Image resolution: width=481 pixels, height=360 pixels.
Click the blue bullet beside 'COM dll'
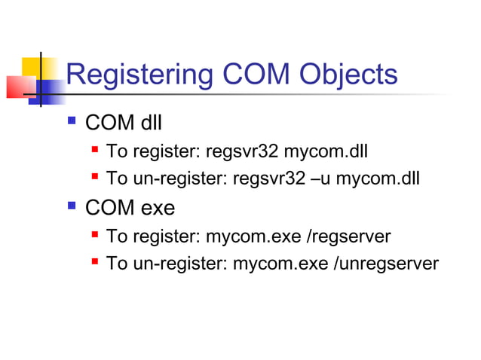72,120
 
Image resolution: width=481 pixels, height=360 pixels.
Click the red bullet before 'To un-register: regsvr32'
95,178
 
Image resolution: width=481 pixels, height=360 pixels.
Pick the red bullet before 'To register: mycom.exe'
95,236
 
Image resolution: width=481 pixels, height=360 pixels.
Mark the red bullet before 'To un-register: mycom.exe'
95,264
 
